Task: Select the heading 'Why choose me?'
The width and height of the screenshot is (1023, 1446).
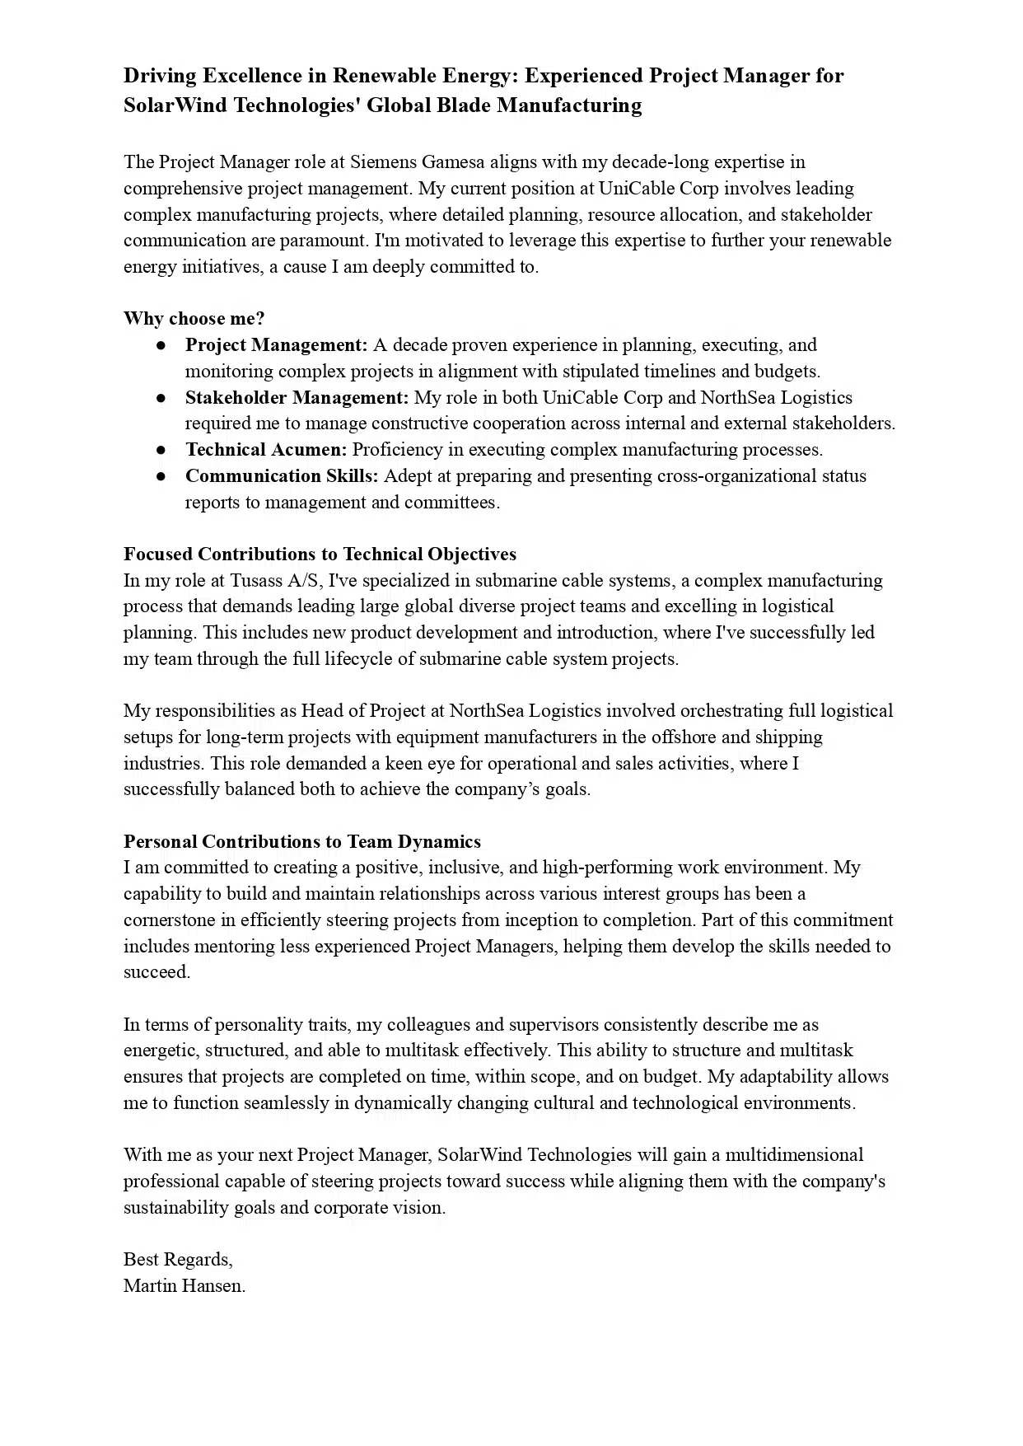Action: pyautogui.click(x=194, y=319)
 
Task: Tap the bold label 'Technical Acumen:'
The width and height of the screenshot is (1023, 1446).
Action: pyautogui.click(x=266, y=450)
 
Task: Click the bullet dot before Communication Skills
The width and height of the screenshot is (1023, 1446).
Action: pyautogui.click(x=162, y=476)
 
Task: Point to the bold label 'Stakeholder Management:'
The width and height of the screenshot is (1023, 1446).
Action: pyautogui.click(x=297, y=398)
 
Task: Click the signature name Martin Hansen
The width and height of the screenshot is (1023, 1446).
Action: pyautogui.click(x=185, y=1286)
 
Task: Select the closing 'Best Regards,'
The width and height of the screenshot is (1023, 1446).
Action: pyautogui.click(x=178, y=1260)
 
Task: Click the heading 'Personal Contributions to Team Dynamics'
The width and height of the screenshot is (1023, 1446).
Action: pyautogui.click(x=302, y=842)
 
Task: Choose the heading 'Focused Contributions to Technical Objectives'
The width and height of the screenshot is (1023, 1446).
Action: pyautogui.click(x=320, y=555)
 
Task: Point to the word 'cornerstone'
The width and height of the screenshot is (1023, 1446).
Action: pyautogui.click(x=170, y=920)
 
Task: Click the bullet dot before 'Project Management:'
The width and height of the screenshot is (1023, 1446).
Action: pyautogui.click(x=162, y=345)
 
